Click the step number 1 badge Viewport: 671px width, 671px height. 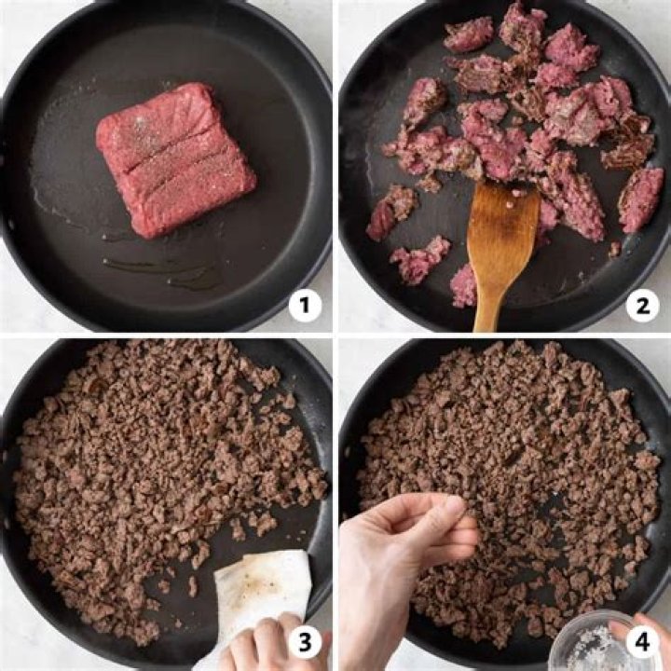(305, 305)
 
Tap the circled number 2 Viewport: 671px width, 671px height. (642, 305)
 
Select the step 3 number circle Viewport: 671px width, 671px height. (305, 641)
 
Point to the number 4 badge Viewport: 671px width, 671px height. (642, 641)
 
